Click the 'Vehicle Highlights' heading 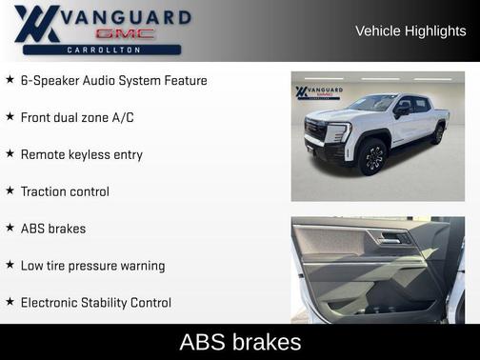(410, 30)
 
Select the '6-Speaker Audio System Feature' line (113, 80)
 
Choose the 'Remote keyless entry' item (81, 154)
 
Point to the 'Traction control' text (65, 191)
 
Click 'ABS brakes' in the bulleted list (53, 229)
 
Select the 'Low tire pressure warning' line (92, 266)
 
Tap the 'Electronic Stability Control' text (96, 303)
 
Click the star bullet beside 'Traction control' (10, 191)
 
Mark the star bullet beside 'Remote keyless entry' (10, 154)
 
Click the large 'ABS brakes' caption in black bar (240, 342)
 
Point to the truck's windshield (373, 103)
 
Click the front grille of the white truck (316, 133)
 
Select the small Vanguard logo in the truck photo (314, 92)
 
